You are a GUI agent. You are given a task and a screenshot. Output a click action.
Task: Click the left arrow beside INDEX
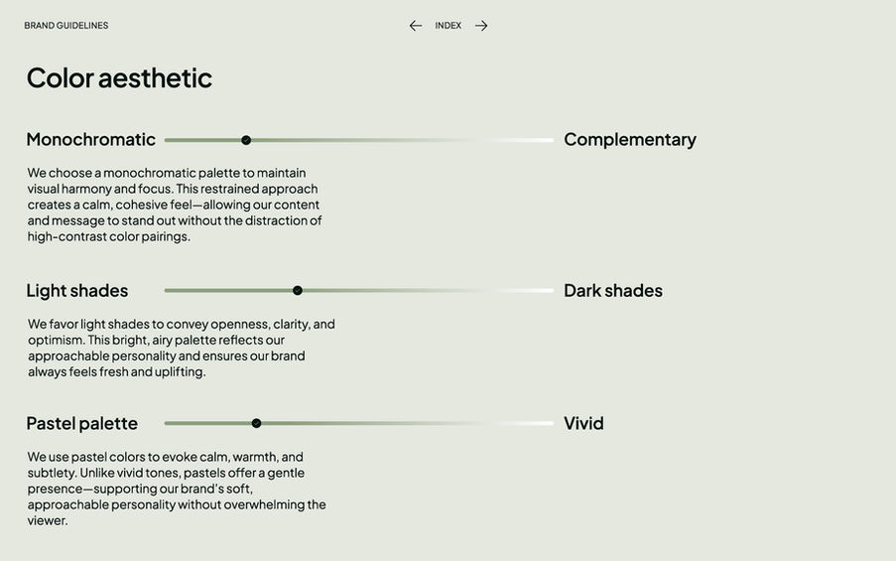(416, 26)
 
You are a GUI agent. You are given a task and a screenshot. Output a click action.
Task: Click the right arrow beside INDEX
(481, 26)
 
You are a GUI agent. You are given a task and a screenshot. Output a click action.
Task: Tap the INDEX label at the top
(448, 26)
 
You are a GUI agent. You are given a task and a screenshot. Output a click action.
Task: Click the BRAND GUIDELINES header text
(66, 25)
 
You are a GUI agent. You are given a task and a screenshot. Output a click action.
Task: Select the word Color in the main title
(60, 77)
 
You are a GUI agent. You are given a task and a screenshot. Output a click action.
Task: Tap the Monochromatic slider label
(91, 140)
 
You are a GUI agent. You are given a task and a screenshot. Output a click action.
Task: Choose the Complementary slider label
(630, 140)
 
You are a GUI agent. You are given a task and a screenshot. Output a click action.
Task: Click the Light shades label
(77, 291)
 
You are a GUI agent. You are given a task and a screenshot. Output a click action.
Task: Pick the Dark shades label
(613, 291)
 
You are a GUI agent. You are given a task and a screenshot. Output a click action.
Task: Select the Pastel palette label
(81, 423)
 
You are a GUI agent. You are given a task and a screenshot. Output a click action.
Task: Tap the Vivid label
(583, 423)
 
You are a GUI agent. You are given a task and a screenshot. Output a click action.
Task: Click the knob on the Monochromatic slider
(246, 140)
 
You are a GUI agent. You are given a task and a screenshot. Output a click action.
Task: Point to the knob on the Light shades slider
(297, 291)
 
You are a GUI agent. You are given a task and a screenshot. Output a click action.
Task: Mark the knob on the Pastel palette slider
(256, 423)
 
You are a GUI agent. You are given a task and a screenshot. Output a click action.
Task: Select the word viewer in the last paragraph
(48, 520)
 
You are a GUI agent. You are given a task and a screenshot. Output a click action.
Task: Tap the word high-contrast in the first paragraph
(66, 236)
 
